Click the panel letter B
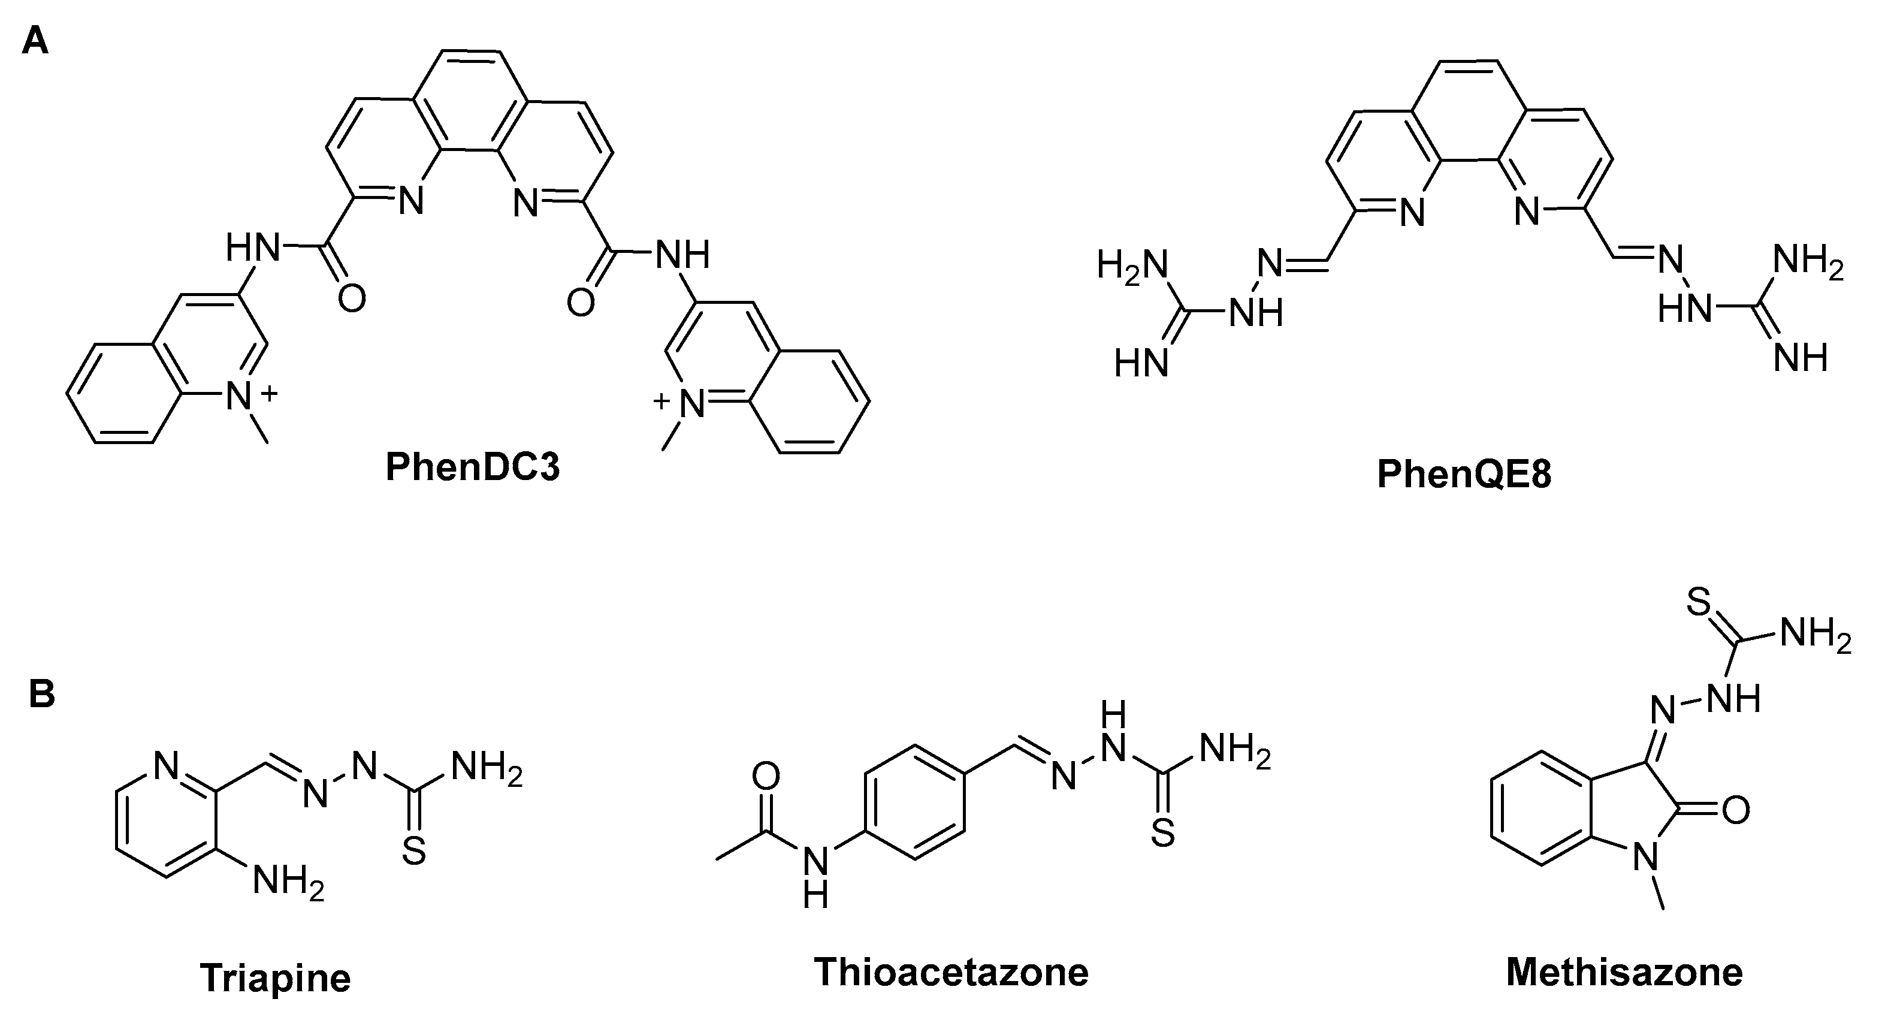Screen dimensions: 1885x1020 click(x=42, y=693)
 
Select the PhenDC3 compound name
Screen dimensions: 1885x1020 click(x=473, y=466)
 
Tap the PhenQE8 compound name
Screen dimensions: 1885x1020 click(x=1464, y=473)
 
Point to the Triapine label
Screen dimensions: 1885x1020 click(x=275, y=977)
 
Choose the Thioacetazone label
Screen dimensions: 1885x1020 click(x=951, y=973)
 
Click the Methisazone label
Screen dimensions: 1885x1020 click(x=1624, y=973)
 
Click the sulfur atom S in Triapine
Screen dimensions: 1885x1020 click(x=414, y=851)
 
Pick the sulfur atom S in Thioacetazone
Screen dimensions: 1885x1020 click(x=1163, y=832)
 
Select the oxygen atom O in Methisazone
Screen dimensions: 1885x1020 click(x=1736, y=810)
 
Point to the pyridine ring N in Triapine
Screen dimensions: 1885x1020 click(x=166, y=767)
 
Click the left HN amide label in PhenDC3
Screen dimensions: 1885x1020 click(x=252, y=248)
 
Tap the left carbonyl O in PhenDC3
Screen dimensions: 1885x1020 click(x=351, y=298)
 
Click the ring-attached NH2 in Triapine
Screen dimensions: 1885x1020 click(x=288, y=883)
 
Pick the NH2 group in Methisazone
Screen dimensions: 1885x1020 click(x=1815, y=633)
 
